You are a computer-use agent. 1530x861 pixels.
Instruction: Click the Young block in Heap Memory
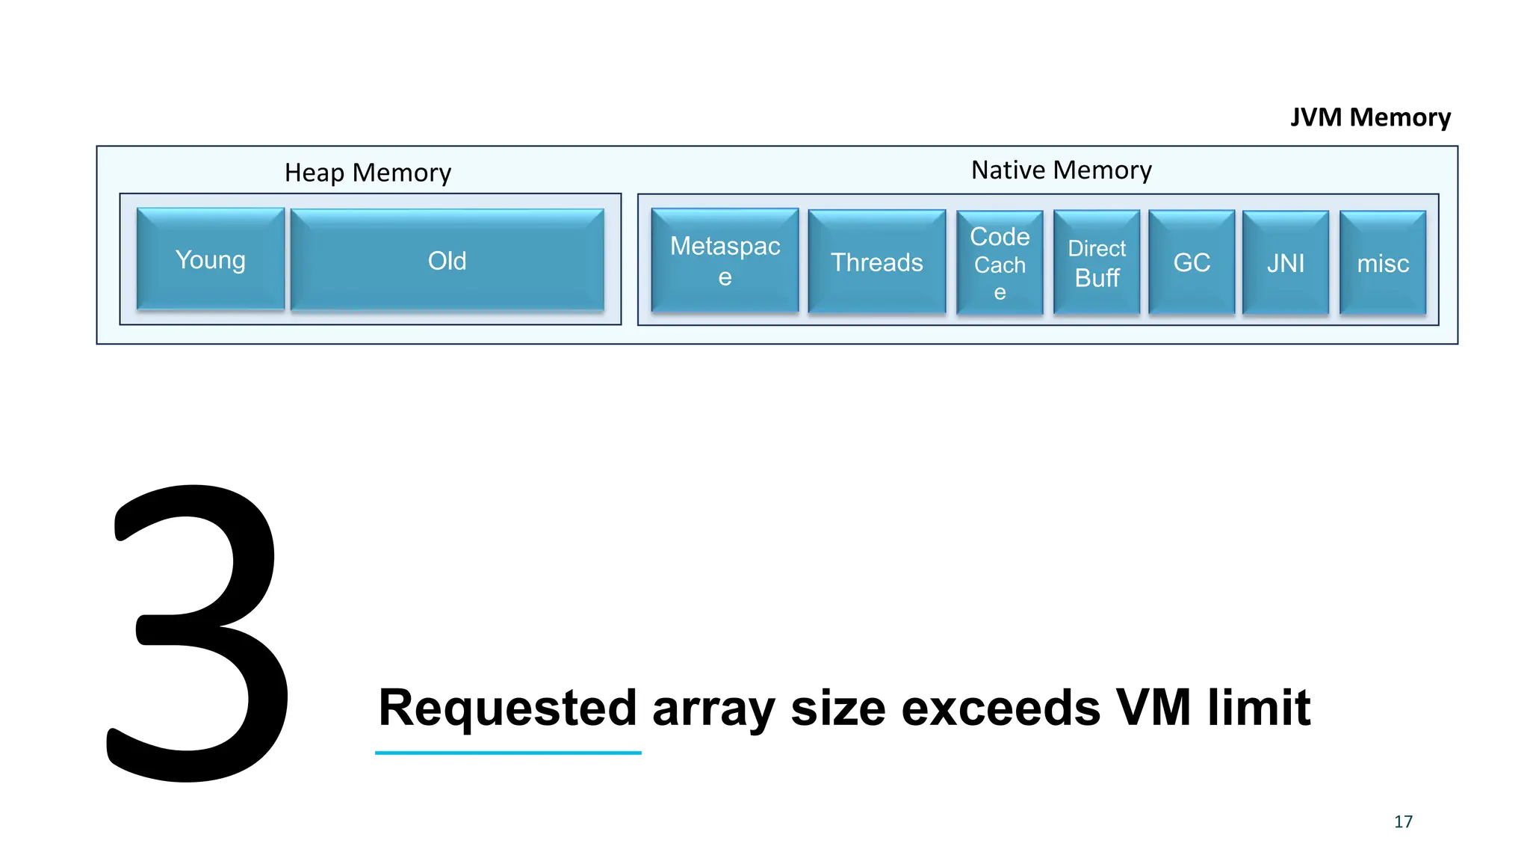211,259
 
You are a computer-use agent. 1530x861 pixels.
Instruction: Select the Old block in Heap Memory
447,260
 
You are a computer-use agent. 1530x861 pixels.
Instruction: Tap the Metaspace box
725,260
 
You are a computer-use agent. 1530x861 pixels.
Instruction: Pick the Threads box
876,262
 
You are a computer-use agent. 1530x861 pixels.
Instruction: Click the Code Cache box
1000,263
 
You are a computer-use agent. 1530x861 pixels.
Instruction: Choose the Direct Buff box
1096,262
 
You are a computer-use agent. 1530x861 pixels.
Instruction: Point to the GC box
1191,262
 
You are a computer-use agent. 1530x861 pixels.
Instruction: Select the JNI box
1285,263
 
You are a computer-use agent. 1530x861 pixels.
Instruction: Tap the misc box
1382,263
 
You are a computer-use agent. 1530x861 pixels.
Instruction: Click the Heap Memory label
368,173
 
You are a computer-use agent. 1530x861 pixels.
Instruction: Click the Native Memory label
1061,170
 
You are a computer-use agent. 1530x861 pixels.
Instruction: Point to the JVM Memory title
1370,117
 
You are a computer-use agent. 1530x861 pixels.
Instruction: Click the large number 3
198,635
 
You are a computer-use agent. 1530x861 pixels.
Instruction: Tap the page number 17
1403,821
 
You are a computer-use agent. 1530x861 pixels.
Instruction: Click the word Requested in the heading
507,708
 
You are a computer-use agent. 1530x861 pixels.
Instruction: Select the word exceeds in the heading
1000,708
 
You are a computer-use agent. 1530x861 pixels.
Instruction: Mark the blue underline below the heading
508,753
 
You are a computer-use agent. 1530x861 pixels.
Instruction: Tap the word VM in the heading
1153,708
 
